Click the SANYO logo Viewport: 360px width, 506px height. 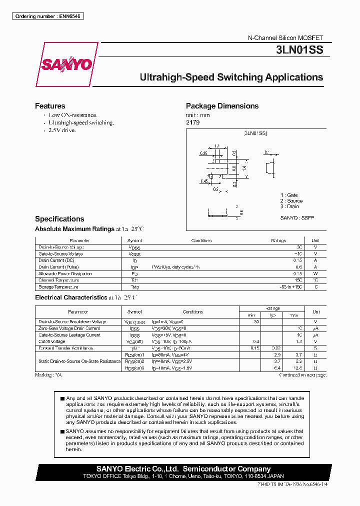click(x=66, y=64)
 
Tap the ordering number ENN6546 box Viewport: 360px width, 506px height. click(x=48, y=16)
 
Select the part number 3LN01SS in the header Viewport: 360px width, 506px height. click(x=299, y=50)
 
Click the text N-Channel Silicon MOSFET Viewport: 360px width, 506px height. click(x=285, y=38)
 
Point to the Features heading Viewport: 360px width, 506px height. click(x=50, y=106)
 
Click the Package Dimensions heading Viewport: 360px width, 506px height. click(x=222, y=106)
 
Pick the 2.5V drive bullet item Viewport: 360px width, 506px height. click(x=62, y=130)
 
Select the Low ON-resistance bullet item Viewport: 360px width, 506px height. click(x=72, y=115)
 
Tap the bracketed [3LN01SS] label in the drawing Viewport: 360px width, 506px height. click(x=255, y=133)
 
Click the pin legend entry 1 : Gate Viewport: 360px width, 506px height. click(x=289, y=195)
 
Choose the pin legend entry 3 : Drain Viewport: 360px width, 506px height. click(x=289, y=206)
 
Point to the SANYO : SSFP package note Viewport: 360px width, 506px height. click(x=297, y=218)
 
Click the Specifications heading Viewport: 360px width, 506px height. click(x=59, y=219)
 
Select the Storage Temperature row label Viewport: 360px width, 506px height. click(x=58, y=287)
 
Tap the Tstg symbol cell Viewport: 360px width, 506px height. click(x=134, y=287)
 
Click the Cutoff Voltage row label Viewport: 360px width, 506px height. click(x=52, y=341)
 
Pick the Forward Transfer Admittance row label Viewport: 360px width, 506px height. click(x=65, y=348)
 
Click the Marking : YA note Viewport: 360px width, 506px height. click(x=48, y=374)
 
